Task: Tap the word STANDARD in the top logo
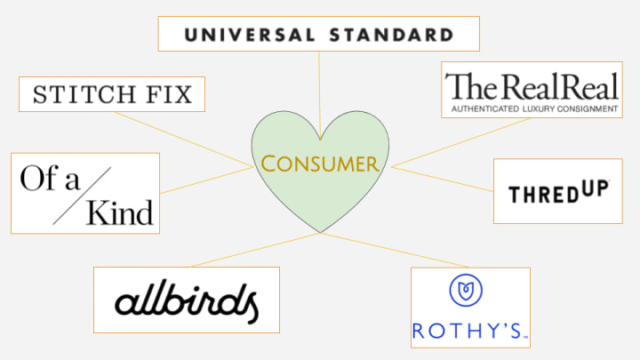(392, 36)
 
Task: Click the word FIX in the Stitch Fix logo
(167, 94)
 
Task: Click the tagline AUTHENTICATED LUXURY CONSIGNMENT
(533, 109)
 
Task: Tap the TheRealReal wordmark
(532, 87)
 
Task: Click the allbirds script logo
(187, 300)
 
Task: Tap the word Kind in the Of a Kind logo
(120, 212)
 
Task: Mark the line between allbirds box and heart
(258, 250)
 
